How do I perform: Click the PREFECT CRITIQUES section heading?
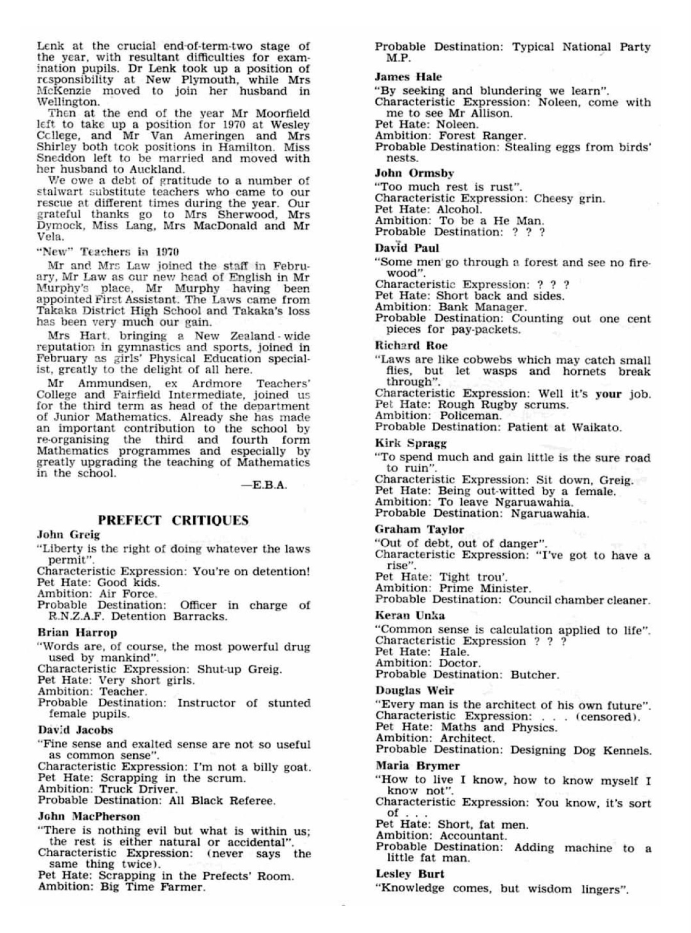[x=174, y=520]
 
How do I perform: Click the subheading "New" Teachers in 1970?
[x=108, y=252]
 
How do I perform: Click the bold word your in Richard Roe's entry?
[x=608, y=394]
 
